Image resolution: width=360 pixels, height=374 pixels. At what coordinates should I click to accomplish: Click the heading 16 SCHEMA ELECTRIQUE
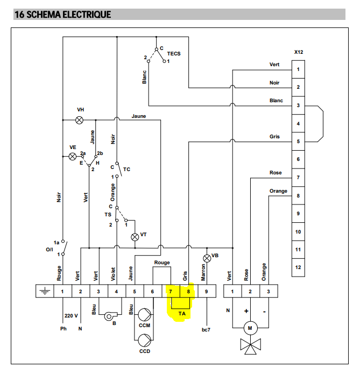coord(62,15)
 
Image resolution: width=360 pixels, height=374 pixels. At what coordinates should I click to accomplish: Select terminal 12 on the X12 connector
coord(298,267)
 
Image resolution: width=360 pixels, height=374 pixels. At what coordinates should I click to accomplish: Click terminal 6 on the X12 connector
coord(298,159)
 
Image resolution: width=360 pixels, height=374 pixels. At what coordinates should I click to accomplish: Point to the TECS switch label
coord(174,54)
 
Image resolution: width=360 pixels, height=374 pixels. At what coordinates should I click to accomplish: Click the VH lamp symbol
coord(80,120)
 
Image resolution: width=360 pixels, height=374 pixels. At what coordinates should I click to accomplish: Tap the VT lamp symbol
coord(135,236)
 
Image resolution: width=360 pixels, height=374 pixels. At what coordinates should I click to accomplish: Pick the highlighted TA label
coord(182,313)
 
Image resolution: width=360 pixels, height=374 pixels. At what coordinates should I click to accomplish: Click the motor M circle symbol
coord(250,327)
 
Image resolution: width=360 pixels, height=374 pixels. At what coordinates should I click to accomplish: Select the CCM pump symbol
coord(144,314)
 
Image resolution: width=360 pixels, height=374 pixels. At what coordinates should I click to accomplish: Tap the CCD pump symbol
coord(144,340)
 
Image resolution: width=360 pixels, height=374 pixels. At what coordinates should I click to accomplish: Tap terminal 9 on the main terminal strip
coord(206,292)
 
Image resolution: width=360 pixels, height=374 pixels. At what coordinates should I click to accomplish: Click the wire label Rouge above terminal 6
coord(162,263)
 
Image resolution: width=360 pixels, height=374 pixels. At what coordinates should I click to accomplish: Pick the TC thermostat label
coord(126,169)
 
